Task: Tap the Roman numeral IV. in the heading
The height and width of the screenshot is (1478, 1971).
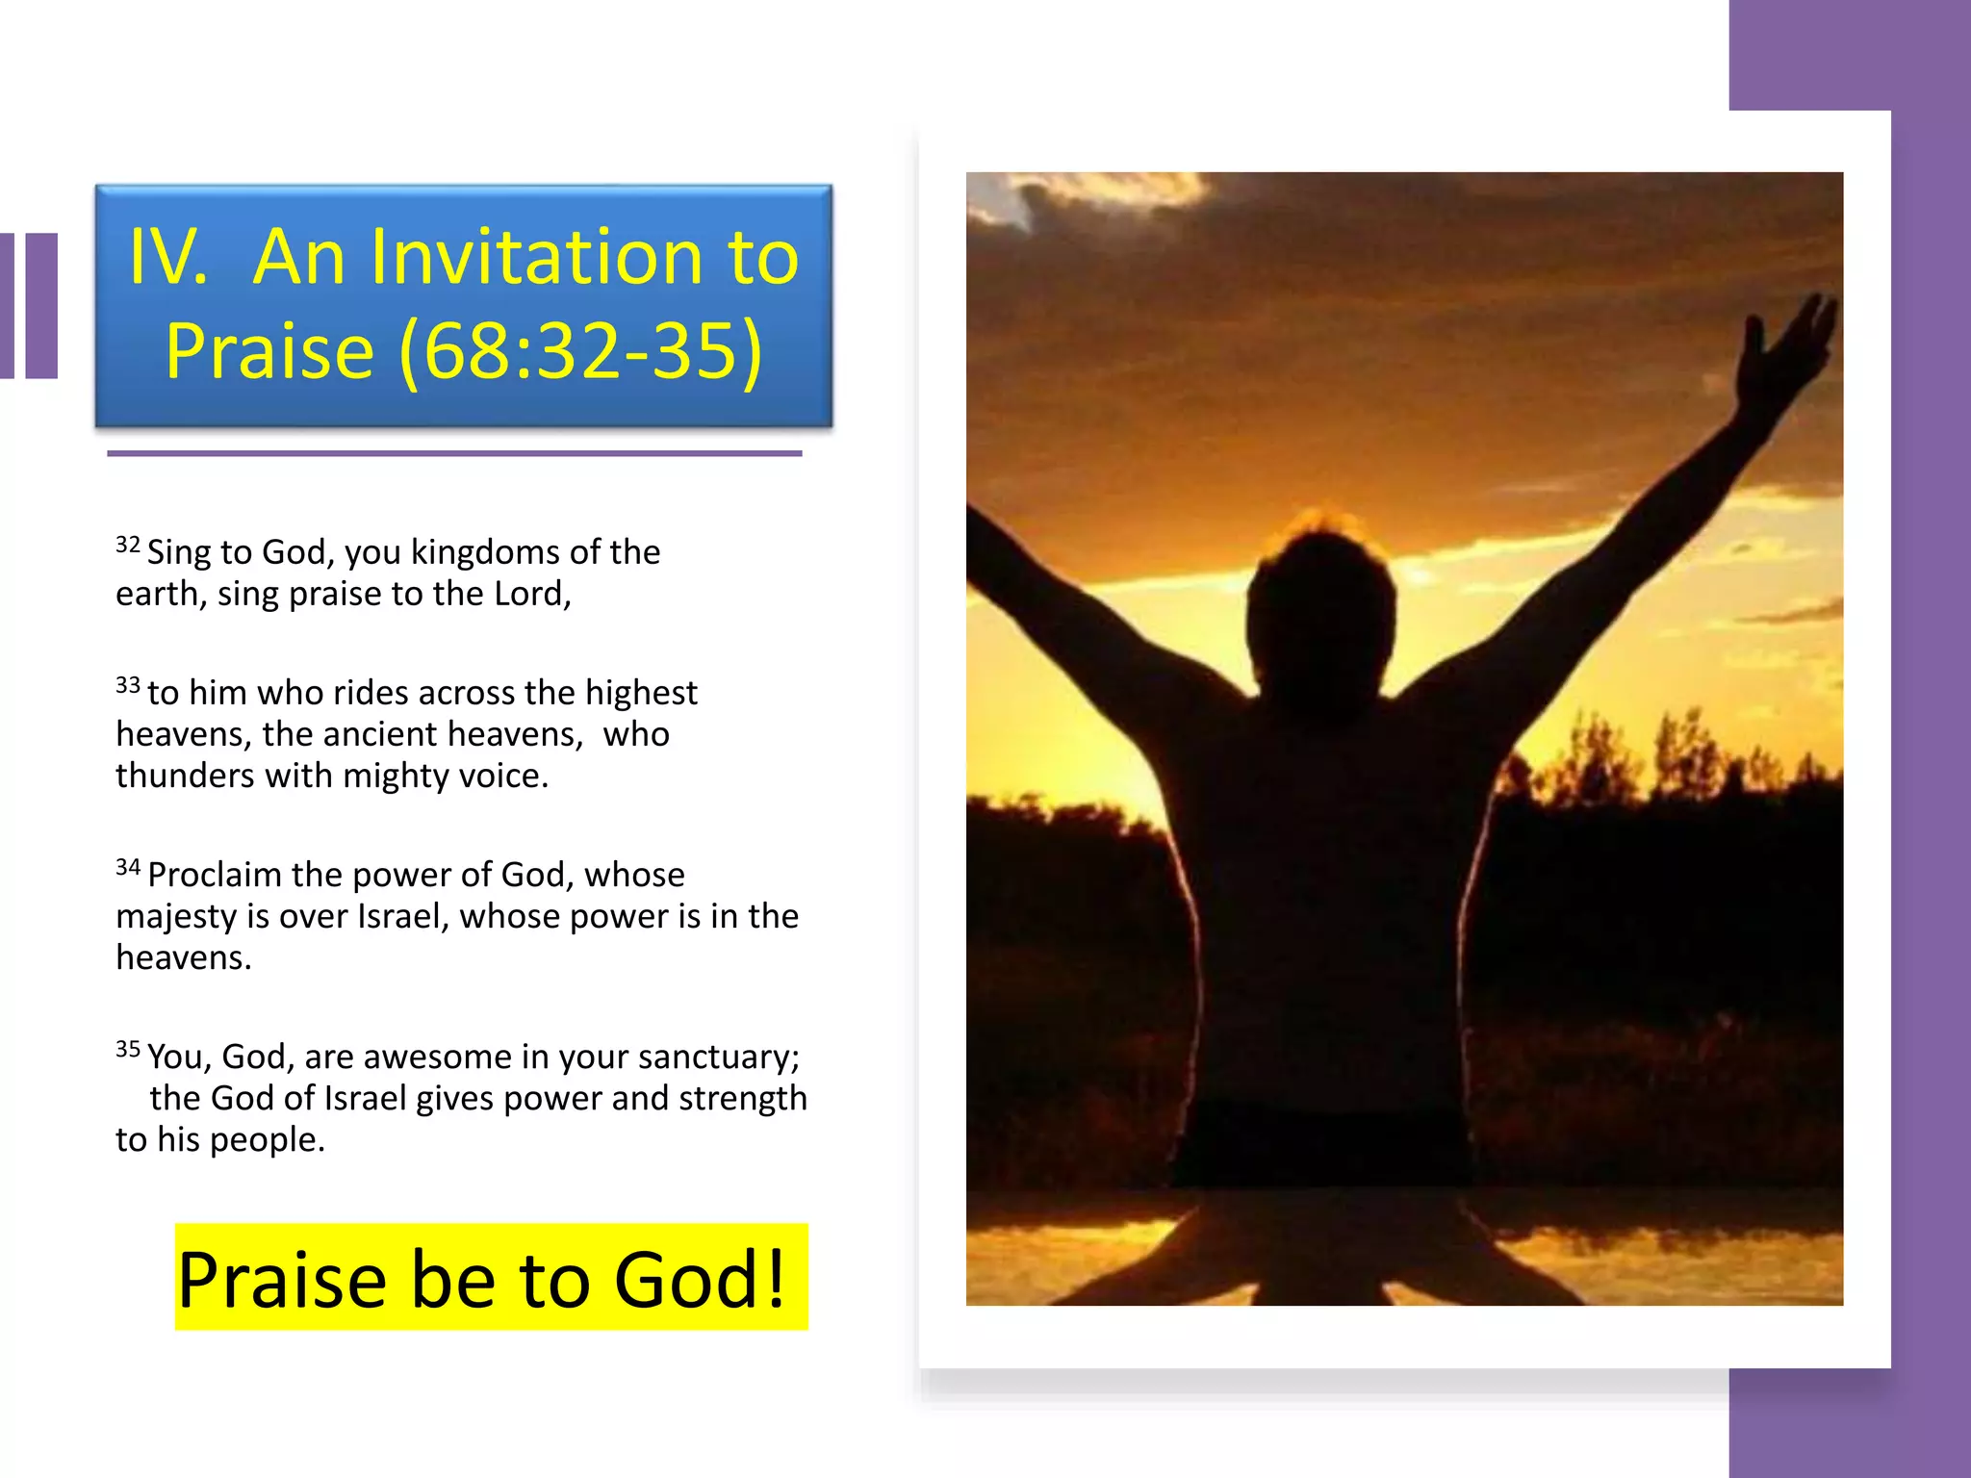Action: tap(168, 257)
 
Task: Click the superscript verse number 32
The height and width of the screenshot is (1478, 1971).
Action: tap(128, 545)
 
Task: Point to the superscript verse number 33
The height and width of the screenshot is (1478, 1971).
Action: tap(128, 685)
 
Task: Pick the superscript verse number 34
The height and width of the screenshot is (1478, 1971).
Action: tap(128, 867)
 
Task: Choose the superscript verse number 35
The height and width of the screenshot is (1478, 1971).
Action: tap(128, 1049)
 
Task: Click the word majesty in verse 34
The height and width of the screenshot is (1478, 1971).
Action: tap(175, 917)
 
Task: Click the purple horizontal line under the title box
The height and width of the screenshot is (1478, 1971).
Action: tap(454, 453)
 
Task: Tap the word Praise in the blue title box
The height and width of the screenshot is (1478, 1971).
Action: tap(269, 350)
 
